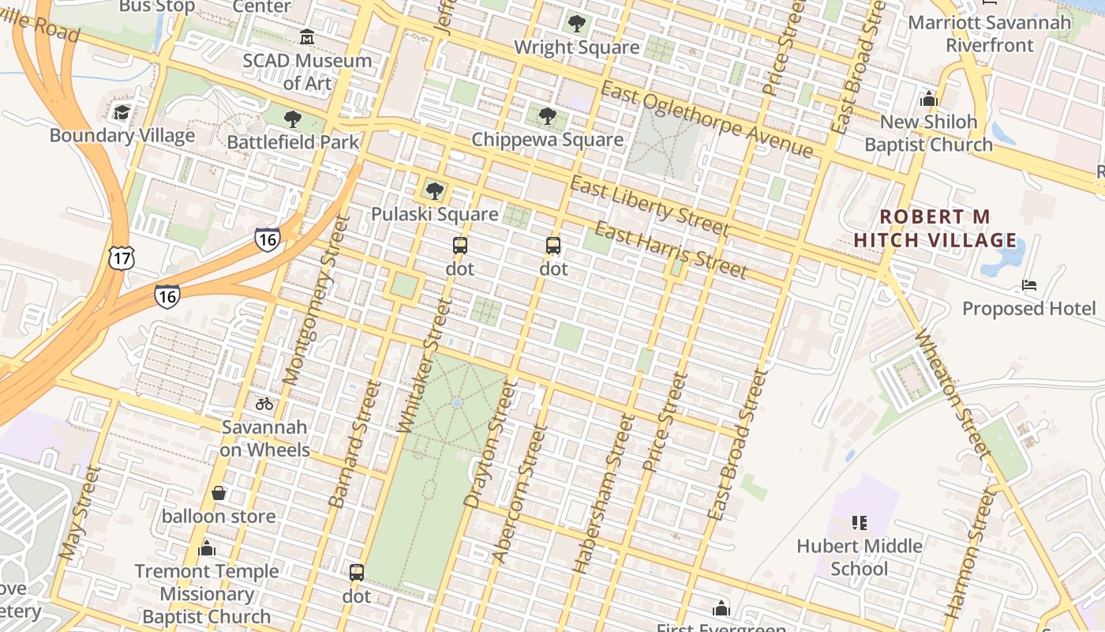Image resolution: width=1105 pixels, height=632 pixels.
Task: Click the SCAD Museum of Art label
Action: (307, 71)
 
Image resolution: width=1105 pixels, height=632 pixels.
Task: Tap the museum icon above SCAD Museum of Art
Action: (307, 36)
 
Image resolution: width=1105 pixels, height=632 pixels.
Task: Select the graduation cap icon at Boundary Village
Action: (122, 112)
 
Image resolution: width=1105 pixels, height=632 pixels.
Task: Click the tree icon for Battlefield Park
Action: (293, 119)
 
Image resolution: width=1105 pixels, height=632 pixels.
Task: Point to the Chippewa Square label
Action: (547, 140)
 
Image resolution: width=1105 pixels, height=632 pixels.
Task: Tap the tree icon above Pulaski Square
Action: (434, 190)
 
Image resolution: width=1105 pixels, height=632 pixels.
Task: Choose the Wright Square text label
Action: (576, 47)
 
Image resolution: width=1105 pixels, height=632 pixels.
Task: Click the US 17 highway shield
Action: (122, 258)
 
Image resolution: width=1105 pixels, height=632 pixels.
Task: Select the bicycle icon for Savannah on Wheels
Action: (264, 404)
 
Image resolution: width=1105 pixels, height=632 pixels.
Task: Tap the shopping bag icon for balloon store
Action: (219, 493)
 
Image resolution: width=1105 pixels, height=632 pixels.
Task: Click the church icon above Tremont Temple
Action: (207, 547)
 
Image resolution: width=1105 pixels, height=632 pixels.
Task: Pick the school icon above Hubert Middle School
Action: (860, 522)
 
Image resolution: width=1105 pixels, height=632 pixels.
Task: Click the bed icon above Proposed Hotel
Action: (1028, 284)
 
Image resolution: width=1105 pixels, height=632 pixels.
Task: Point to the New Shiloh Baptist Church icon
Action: (928, 99)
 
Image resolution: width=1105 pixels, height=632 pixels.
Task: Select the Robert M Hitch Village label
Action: (935, 228)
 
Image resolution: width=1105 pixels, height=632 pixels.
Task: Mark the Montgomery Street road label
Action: (316, 300)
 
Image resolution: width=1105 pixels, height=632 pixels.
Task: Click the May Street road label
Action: (81, 513)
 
